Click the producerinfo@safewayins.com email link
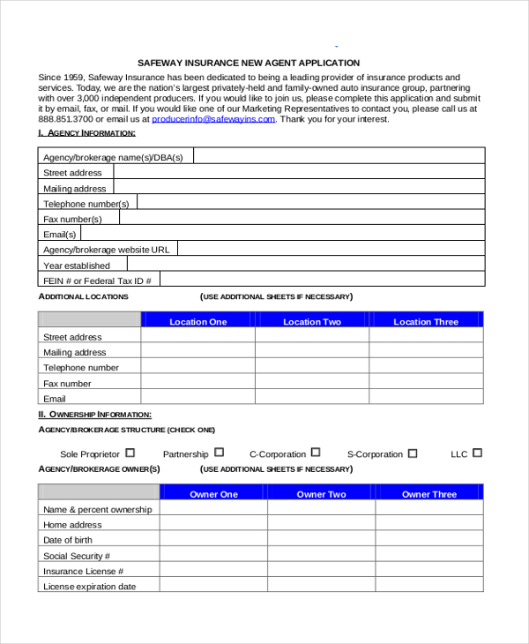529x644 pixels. pyautogui.click(x=214, y=119)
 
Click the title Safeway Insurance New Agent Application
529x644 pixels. pyautogui.click(x=249, y=63)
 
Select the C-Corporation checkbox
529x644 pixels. pyautogui.click(x=316, y=453)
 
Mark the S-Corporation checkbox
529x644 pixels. pyautogui.click(x=412, y=453)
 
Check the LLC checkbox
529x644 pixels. pyautogui.click(x=477, y=453)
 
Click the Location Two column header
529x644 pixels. pyautogui.click(x=312, y=322)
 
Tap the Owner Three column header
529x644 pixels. pyautogui.click(x=429, y=494)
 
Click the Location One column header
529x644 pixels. pyautogui.click(x=198, y=322)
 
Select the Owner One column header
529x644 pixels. pyautogui.click(x=213, y=494)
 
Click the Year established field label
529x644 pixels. pyautogui.click(x=77, y=266)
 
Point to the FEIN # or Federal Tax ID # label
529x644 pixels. pyautogui.click(x=98, y=281)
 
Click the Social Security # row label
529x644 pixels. pyautogui.click(x=77, y=556)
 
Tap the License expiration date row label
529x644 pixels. pyautogui.click(x=89, y=587)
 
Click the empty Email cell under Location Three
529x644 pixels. pyautogui.click(x=426, y=399)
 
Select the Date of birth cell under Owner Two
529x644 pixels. pyautogui.click(x=321, y=540)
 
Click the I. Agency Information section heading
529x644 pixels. pyautogui.click(x=86, y=132)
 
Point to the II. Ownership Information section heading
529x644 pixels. pyautogui.click(x=94, y=414)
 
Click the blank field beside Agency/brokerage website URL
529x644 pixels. pyautogui.click(x=330, y=250)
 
